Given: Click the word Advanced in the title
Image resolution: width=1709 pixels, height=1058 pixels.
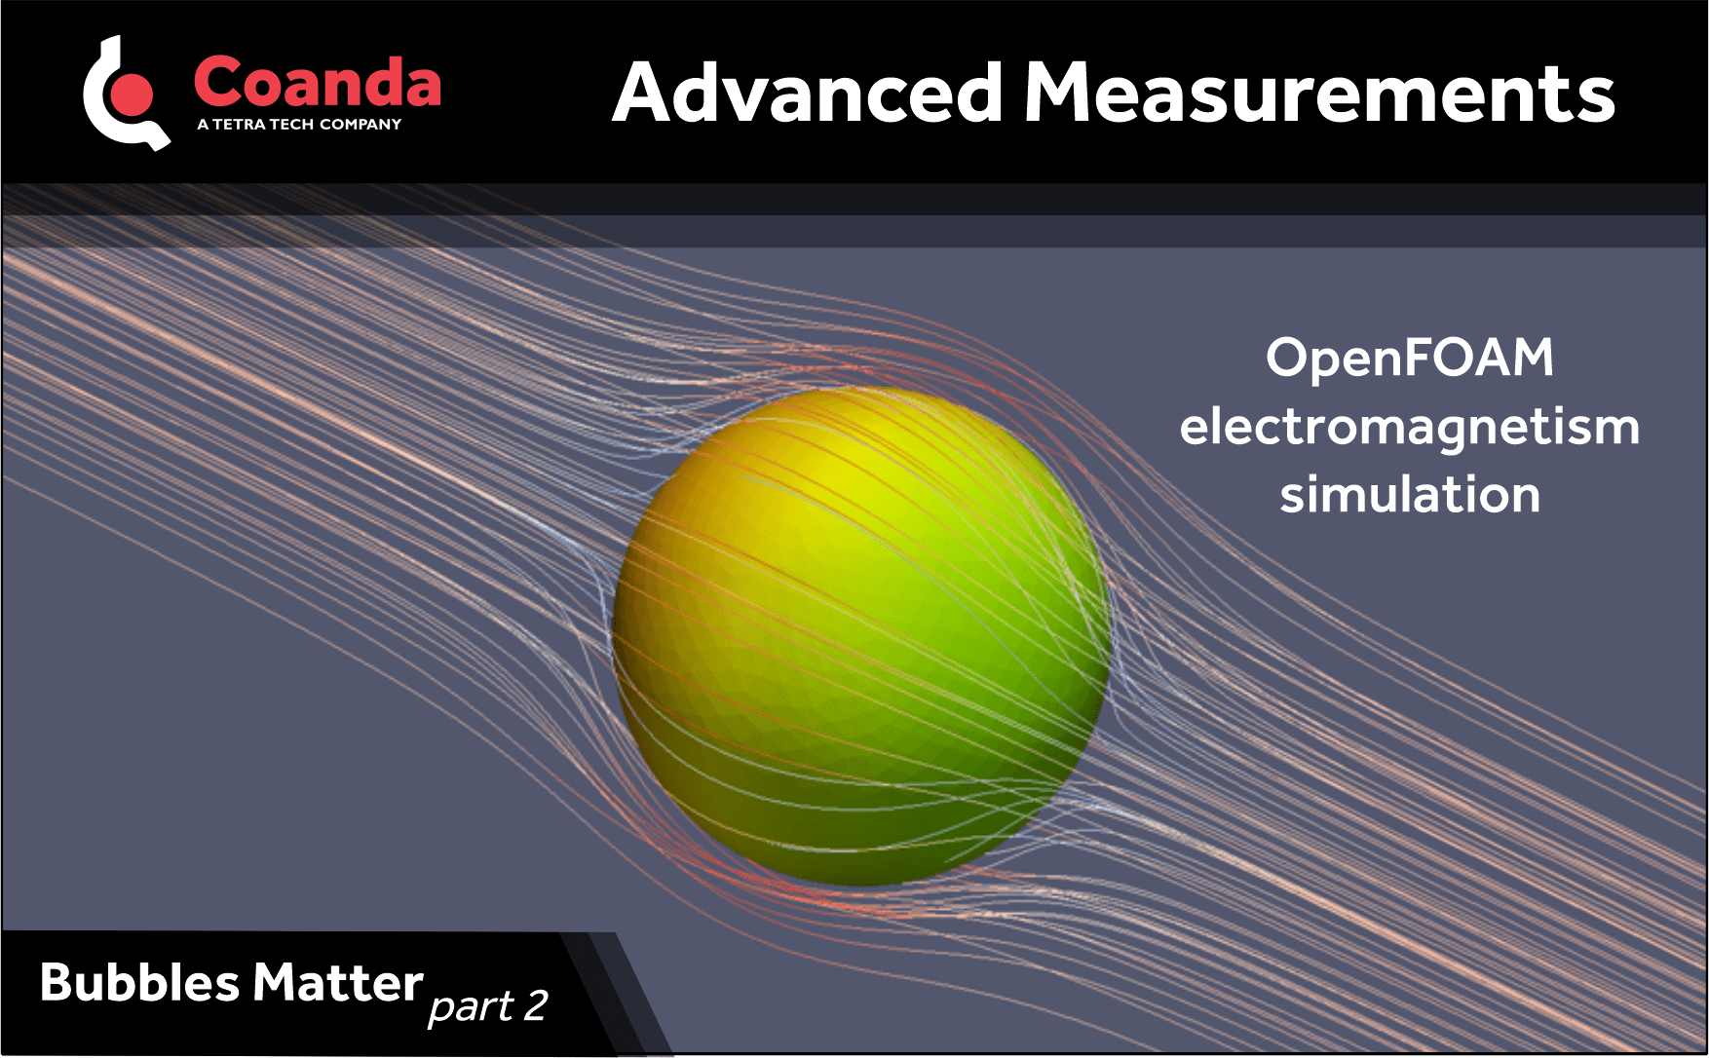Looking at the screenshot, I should pyautogui.click(x=807, y=94).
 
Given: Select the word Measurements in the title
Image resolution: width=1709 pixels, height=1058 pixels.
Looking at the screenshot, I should pyautogui.click(x=1319, y=94).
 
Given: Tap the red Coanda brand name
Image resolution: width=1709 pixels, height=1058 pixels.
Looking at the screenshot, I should pyautogui.click(x=317, y=82).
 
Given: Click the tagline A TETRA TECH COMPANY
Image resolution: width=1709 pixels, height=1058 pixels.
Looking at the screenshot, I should pyautogui.click(x=298, y=125).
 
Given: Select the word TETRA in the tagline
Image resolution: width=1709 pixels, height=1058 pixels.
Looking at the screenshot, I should pyautogui.click(x=239, y=125).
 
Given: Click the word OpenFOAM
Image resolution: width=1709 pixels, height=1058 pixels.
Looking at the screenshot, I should pyautogui.click(x=1409, y=358).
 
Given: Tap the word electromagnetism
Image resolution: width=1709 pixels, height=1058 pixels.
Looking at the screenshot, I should pyautogui.click(x=1409, y=427).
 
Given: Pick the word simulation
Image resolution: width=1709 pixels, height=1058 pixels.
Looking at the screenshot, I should pyautogui.click(x=1409, y=495).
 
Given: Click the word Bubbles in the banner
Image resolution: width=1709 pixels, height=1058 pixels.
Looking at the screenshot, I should pyautogui.click(x=139, y=982).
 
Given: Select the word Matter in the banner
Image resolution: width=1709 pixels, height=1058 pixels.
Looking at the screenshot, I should pyautogui.click(x=337, y=982).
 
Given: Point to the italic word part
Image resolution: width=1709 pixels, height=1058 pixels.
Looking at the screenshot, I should pyautogui.click(x=470, y=1006).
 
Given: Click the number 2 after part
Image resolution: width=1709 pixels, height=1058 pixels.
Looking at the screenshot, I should pyautogui.click(x=535, y=1005).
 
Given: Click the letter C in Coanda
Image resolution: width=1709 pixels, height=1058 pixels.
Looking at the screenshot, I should pyautogui.click(x=218, y=82).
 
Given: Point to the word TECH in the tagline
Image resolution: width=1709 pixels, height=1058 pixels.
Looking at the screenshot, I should pyautogui.click(x=291, y=125).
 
